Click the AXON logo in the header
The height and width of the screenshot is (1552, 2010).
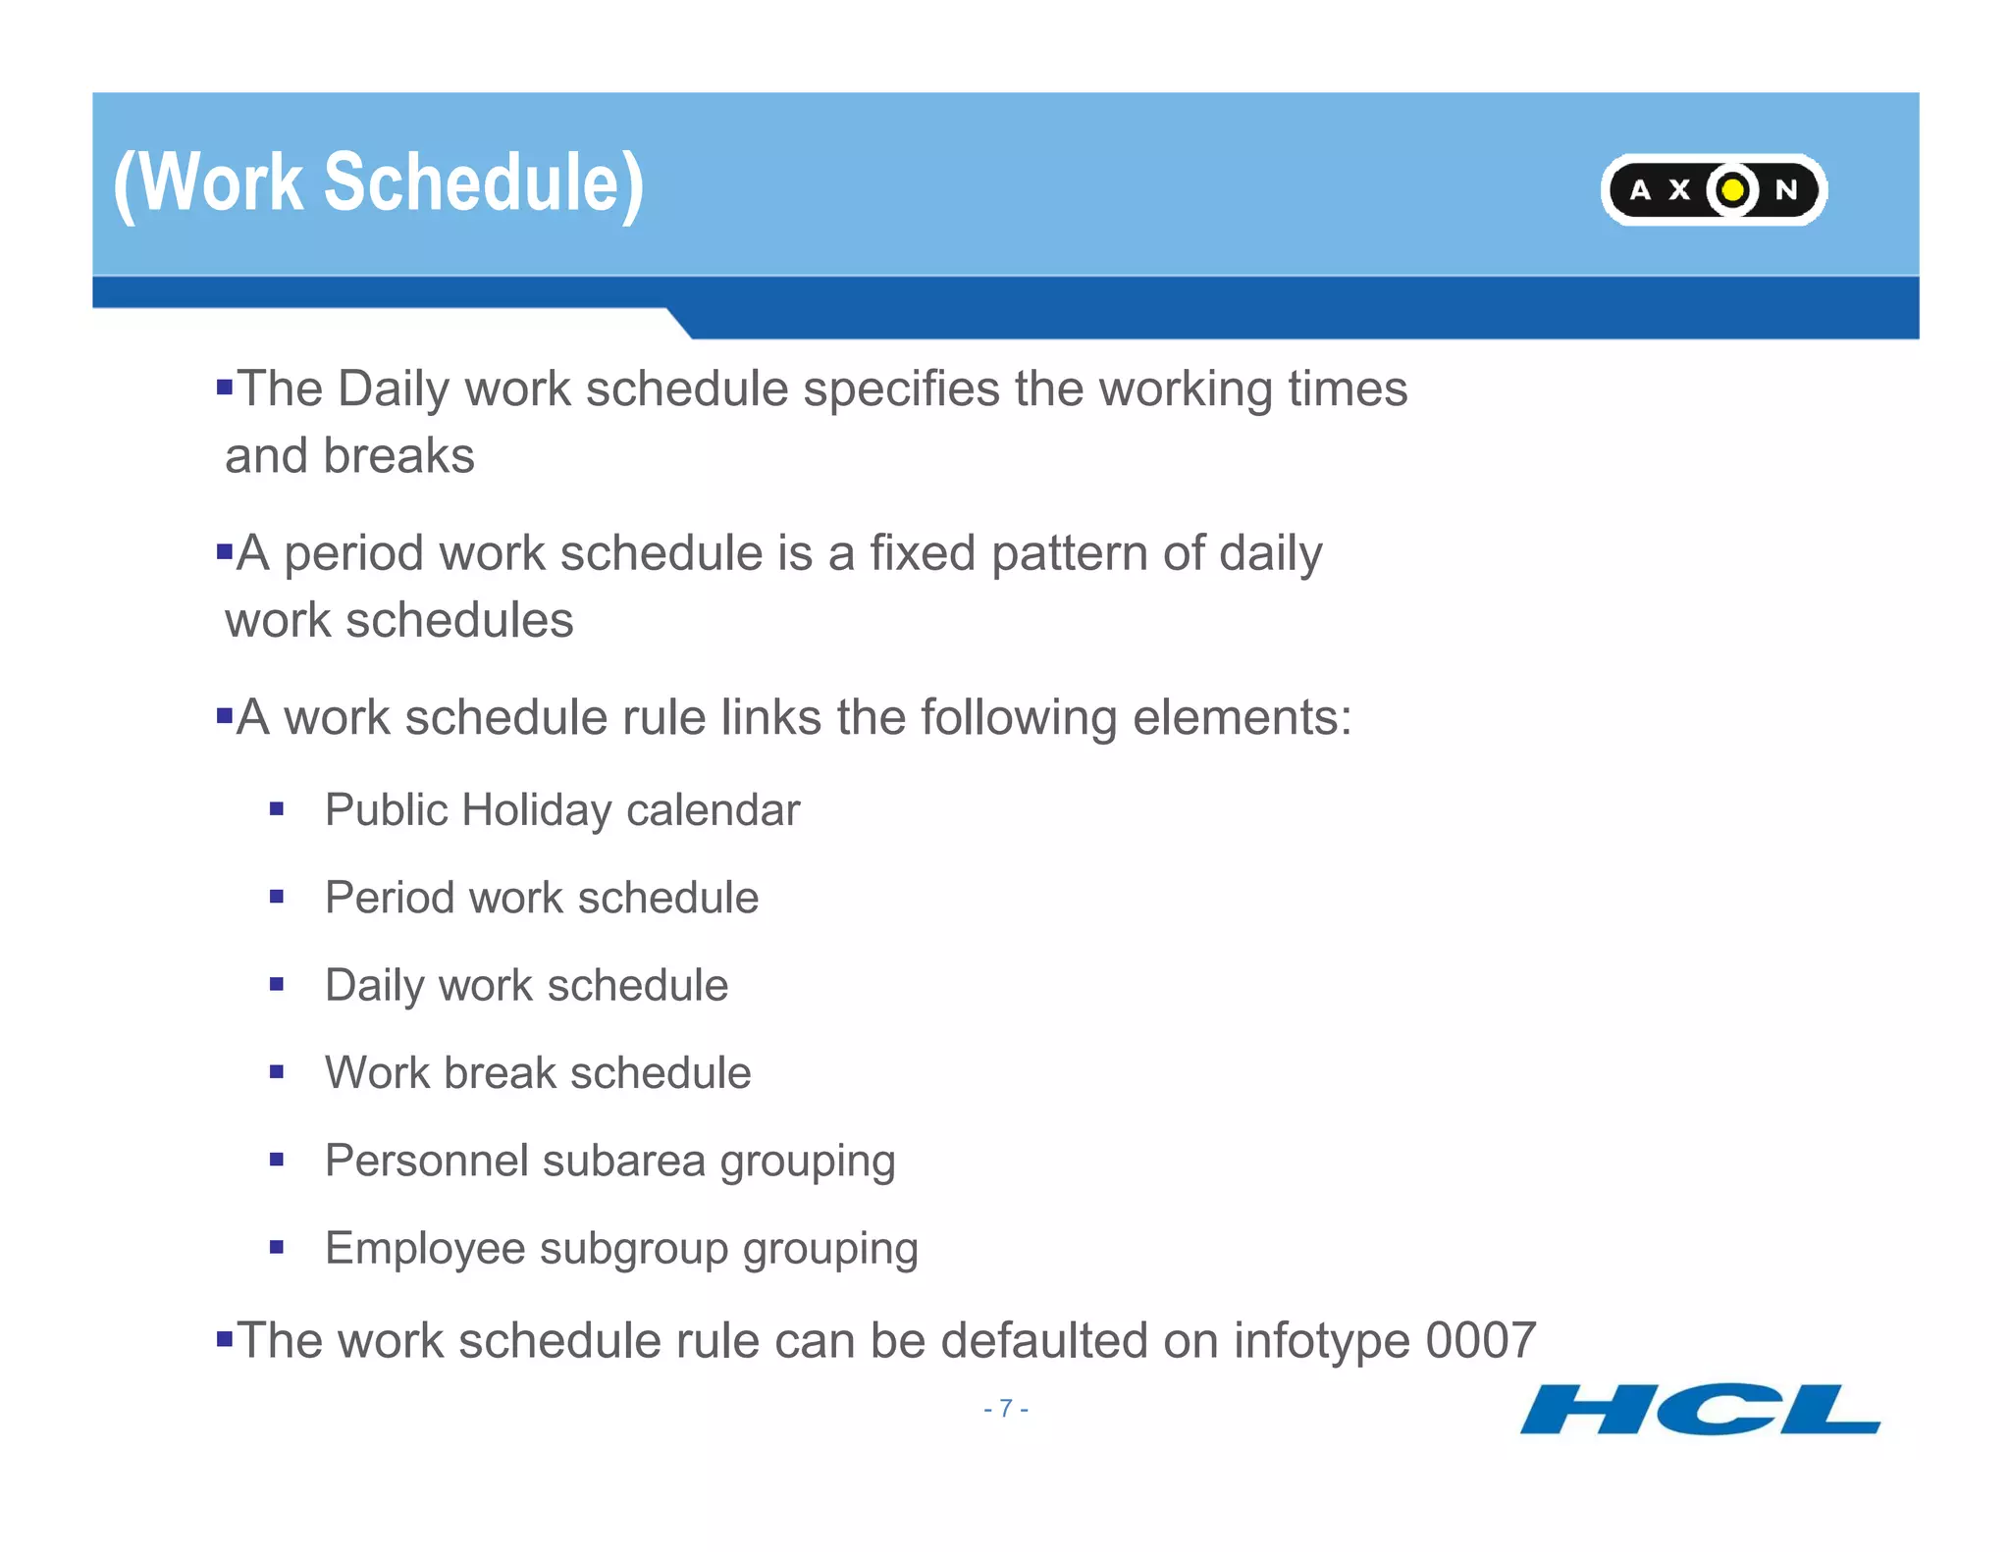click(1713, 189)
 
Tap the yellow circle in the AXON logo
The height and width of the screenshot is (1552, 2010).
click(1733, 189)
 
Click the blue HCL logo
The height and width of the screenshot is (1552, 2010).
click(1700, 1410)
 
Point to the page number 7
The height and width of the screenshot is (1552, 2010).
click(1005, 1409)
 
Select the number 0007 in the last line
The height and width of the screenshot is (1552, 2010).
click(1480, 1340)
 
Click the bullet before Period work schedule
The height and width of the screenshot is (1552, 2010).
click(277, 897)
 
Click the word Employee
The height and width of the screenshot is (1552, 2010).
click(425, 1248)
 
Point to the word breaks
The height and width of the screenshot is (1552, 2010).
click(398, 456)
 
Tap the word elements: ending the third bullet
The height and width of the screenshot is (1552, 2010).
click(1242, 717)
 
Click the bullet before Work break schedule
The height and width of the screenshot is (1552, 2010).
click(277, 1072)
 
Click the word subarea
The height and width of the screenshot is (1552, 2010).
click(623, 1161)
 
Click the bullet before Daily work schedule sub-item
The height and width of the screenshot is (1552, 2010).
click(277, 984)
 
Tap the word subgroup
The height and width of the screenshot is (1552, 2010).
click(633, 1248)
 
